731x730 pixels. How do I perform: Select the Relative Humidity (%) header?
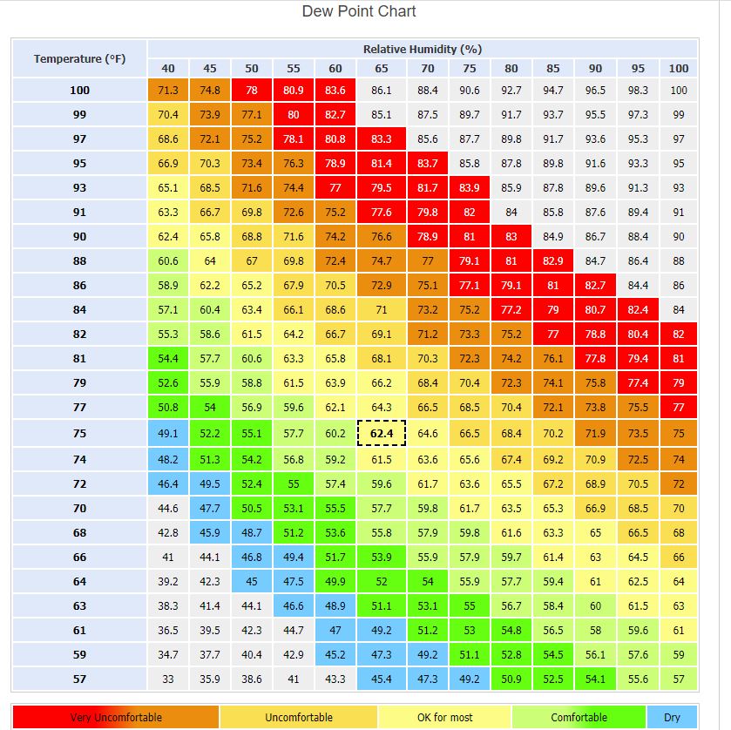pos(423,49)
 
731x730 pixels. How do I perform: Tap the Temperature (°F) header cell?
pos(80,58)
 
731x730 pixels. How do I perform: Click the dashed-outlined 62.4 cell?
pos(381,433)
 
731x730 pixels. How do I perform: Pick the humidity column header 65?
pos(381,68)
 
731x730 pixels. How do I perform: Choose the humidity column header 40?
pos(168,68)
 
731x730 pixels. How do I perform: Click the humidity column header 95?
pos(638,68)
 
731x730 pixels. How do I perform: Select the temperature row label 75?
pos(80,433)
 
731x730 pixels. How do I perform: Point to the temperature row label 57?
pos(80,679)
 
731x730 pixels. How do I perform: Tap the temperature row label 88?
pos(80,260)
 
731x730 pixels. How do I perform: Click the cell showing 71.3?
pos(168,90)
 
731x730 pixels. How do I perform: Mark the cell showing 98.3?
pos(638,90)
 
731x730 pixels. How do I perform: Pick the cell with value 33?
pos(168,679)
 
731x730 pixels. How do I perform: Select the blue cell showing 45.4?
pos(381,679)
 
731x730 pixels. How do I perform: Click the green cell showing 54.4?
pos(168,358)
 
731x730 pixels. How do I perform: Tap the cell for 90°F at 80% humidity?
pos(511,236)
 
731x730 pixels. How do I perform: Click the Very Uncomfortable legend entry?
pos(115,717)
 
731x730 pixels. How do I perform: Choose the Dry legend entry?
pos(672,717)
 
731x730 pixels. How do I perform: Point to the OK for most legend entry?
pos(444,717)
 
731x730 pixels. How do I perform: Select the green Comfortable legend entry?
pos(579,717)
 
